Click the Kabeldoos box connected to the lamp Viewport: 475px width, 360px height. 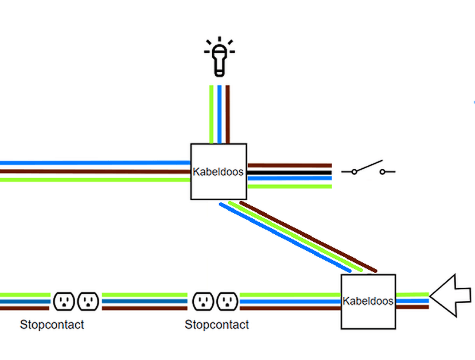(219, 172)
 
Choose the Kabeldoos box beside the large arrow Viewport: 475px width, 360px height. (368, 301)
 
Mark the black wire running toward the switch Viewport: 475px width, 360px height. (289, 172)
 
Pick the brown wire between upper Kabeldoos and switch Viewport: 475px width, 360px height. (289, 166)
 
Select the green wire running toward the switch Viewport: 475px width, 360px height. (289, 185)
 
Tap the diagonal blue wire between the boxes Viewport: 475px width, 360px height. (285, 237)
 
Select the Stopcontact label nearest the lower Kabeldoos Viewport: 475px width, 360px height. (216, 325)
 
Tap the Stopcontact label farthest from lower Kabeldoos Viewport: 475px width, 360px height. (52, 325)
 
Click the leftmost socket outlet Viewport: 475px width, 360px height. (64, 301)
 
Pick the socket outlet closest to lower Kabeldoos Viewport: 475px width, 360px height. (228, 301)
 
